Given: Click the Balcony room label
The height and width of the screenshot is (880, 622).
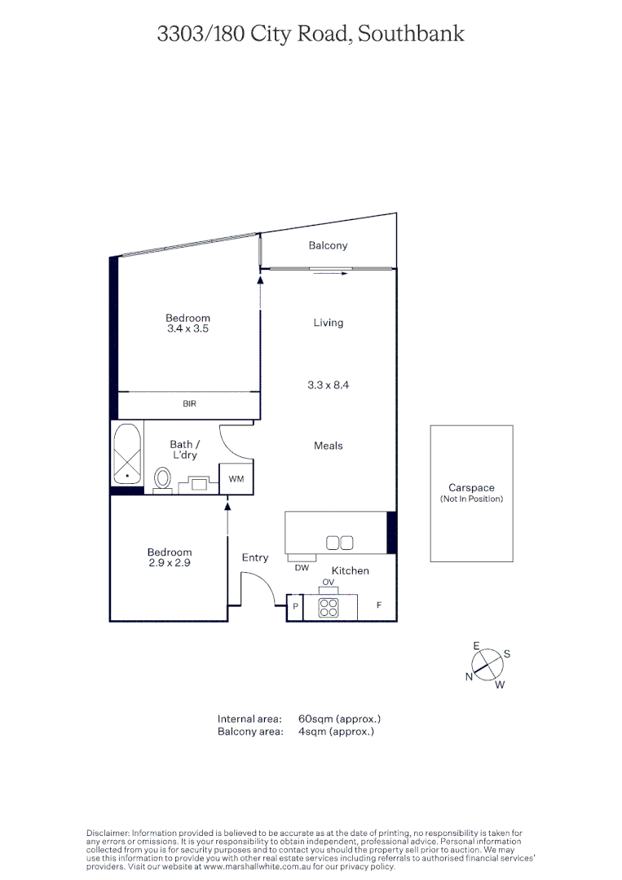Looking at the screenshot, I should click(x=328, y=245).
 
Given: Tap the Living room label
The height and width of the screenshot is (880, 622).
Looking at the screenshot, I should click(x=328, y=323).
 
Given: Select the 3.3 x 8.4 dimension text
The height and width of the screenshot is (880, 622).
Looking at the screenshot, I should click(x=328, y=385).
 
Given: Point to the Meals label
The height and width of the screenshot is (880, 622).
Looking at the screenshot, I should click(x=328, y=446).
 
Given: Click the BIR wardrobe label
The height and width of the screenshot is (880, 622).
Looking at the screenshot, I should click(x=189, y=403).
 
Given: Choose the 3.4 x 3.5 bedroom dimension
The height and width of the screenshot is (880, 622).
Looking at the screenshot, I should click(x=187, y=329).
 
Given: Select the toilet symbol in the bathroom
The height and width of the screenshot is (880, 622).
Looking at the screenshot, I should click(x=163, y=478).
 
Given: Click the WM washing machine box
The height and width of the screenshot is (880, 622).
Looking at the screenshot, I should click(x=236, y=479).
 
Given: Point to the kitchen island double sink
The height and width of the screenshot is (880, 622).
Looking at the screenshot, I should click(x=339, y=543).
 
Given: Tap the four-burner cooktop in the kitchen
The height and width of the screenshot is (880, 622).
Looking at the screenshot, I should click(x=329, y=607).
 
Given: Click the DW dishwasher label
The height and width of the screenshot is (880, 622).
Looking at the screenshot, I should click(x=302, y=568).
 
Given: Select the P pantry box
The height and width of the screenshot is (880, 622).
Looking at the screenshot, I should click(x=294, y=608).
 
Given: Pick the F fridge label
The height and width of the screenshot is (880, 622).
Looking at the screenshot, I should click(x=378, y=606).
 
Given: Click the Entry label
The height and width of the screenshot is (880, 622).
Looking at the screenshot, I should click(x=255, y=557).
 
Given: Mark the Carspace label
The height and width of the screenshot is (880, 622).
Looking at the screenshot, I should click(x=471, y=488).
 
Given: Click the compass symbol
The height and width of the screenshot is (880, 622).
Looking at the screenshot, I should click(x=487, y=665).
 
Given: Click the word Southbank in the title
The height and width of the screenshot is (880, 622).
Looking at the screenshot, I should click(x=412, y=33).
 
